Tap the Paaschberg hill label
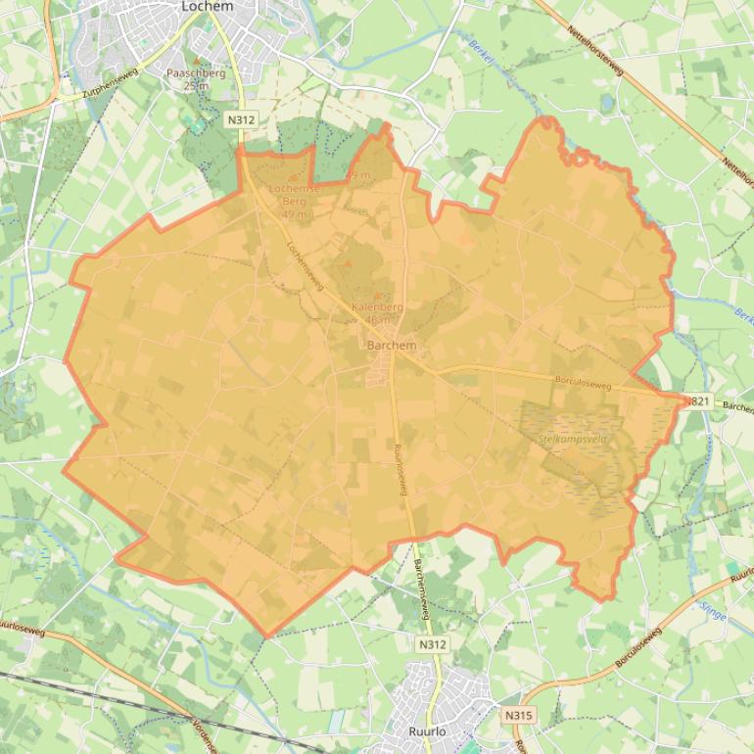point(196,73)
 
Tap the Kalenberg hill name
point(377,307)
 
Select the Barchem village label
point(391,346)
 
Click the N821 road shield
point(696,401)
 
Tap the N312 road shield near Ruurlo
point(432,644)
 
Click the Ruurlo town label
point(428,730)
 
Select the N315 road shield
point(519,716)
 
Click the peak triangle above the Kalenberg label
point(377,294)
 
